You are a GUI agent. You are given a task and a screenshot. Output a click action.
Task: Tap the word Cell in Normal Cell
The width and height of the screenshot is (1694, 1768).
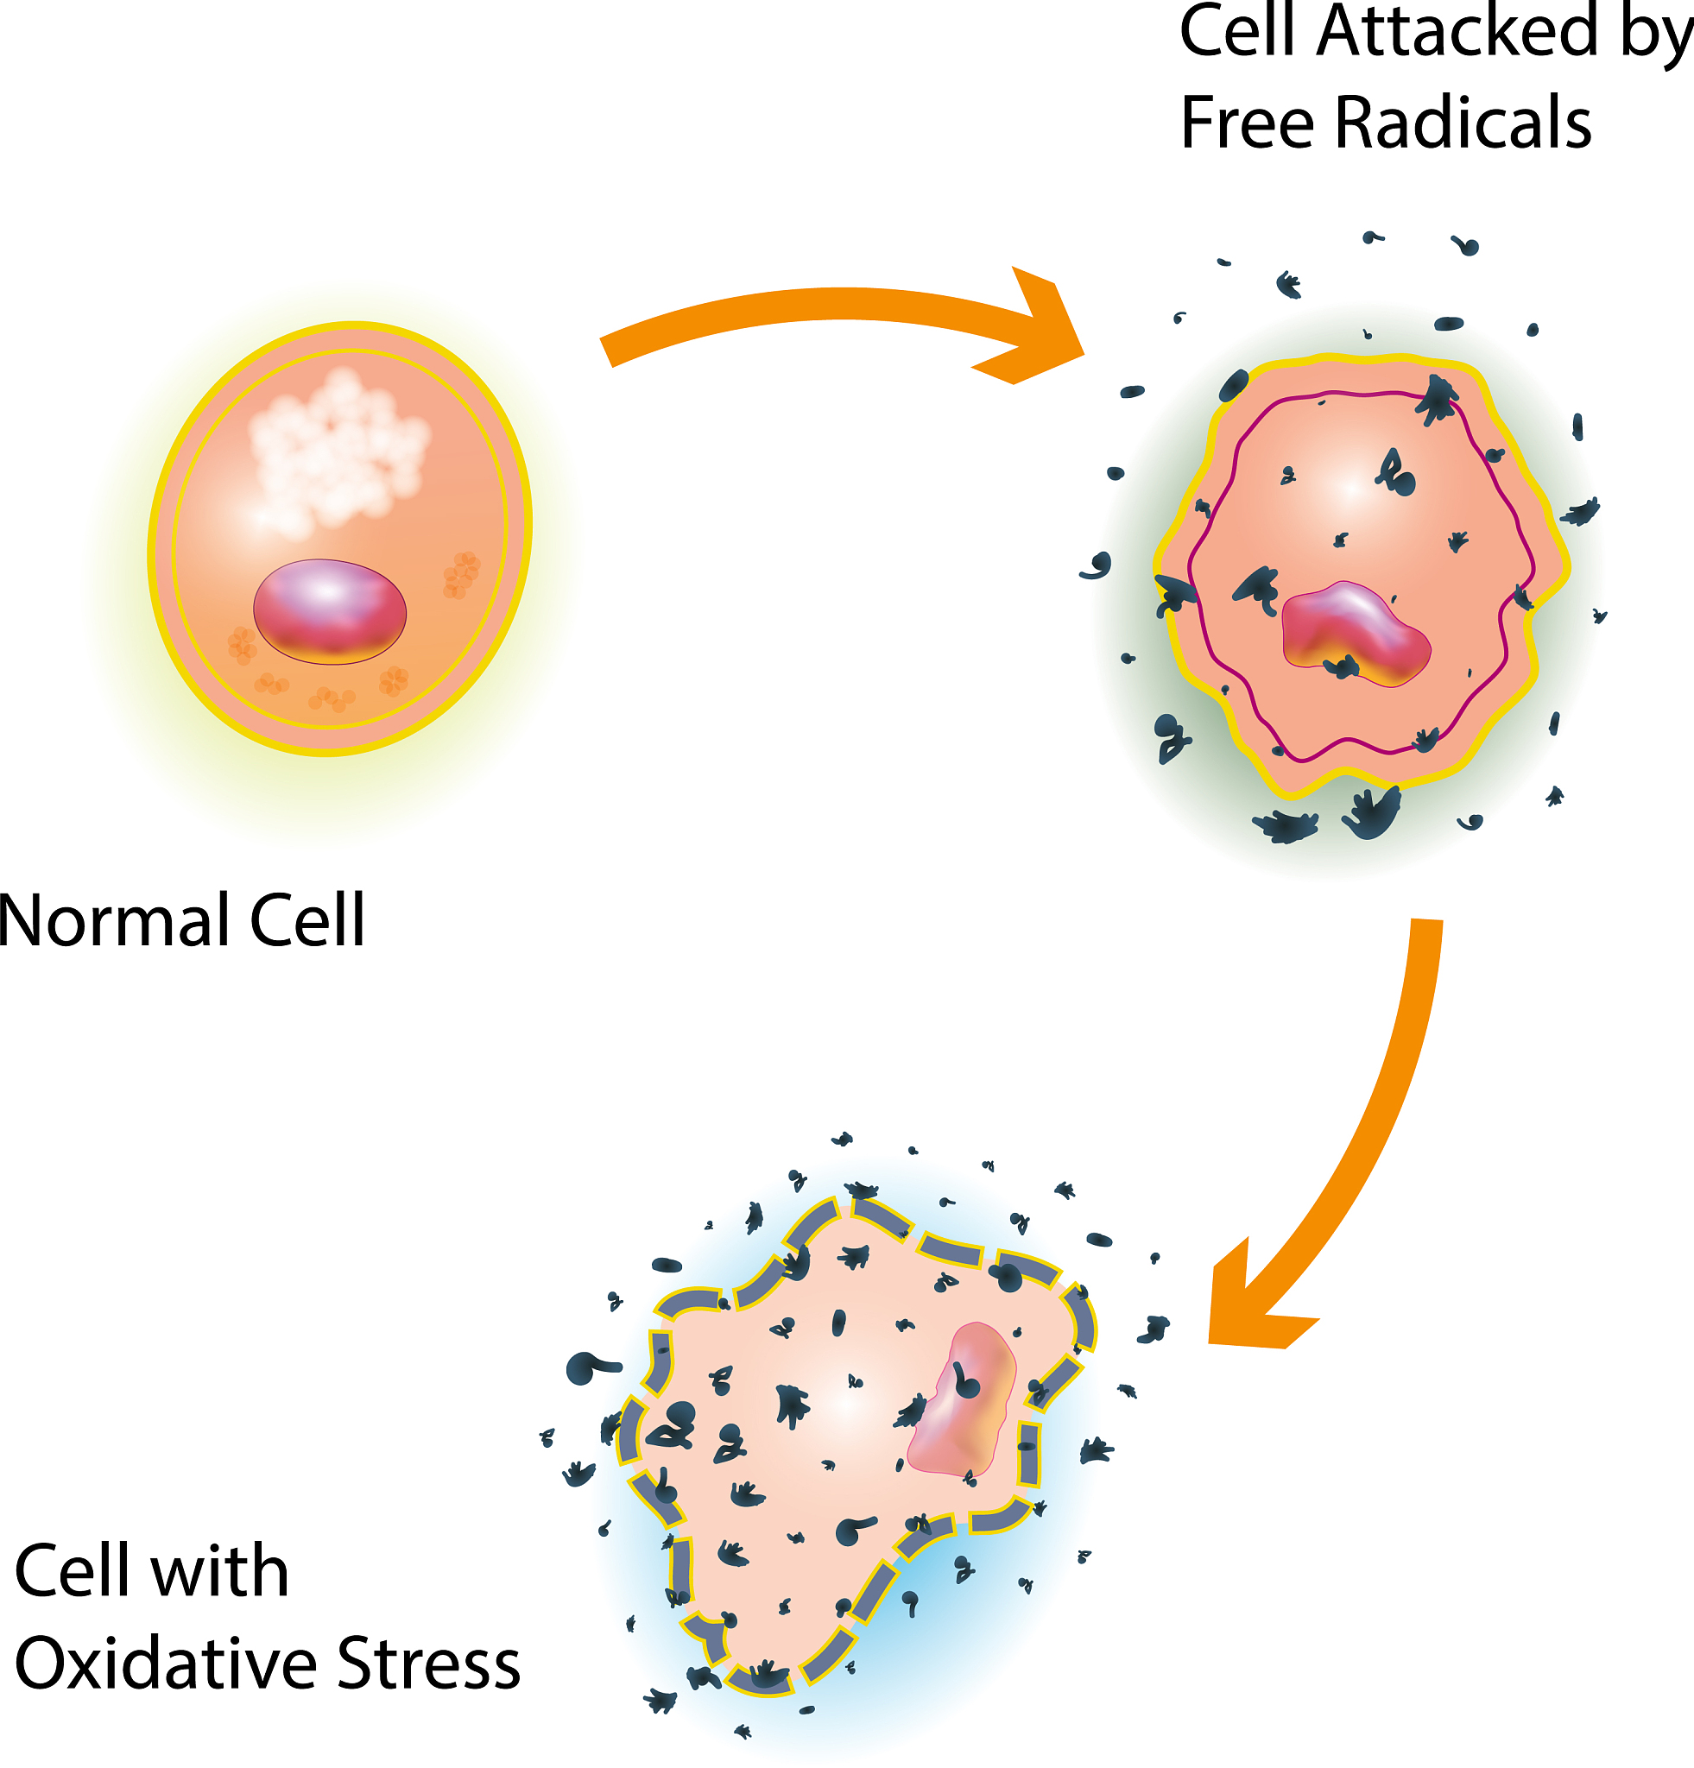pos(307,921)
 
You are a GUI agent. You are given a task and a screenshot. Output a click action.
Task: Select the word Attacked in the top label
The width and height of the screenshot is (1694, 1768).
pos(1457,32)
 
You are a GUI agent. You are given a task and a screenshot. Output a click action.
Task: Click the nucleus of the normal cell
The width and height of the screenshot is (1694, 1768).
pos(329,611)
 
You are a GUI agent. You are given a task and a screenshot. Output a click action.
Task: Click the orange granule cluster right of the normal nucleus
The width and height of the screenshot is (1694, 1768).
pos(461,575)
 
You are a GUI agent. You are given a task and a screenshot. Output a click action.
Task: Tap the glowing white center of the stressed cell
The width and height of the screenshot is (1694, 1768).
pos(848,1403)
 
